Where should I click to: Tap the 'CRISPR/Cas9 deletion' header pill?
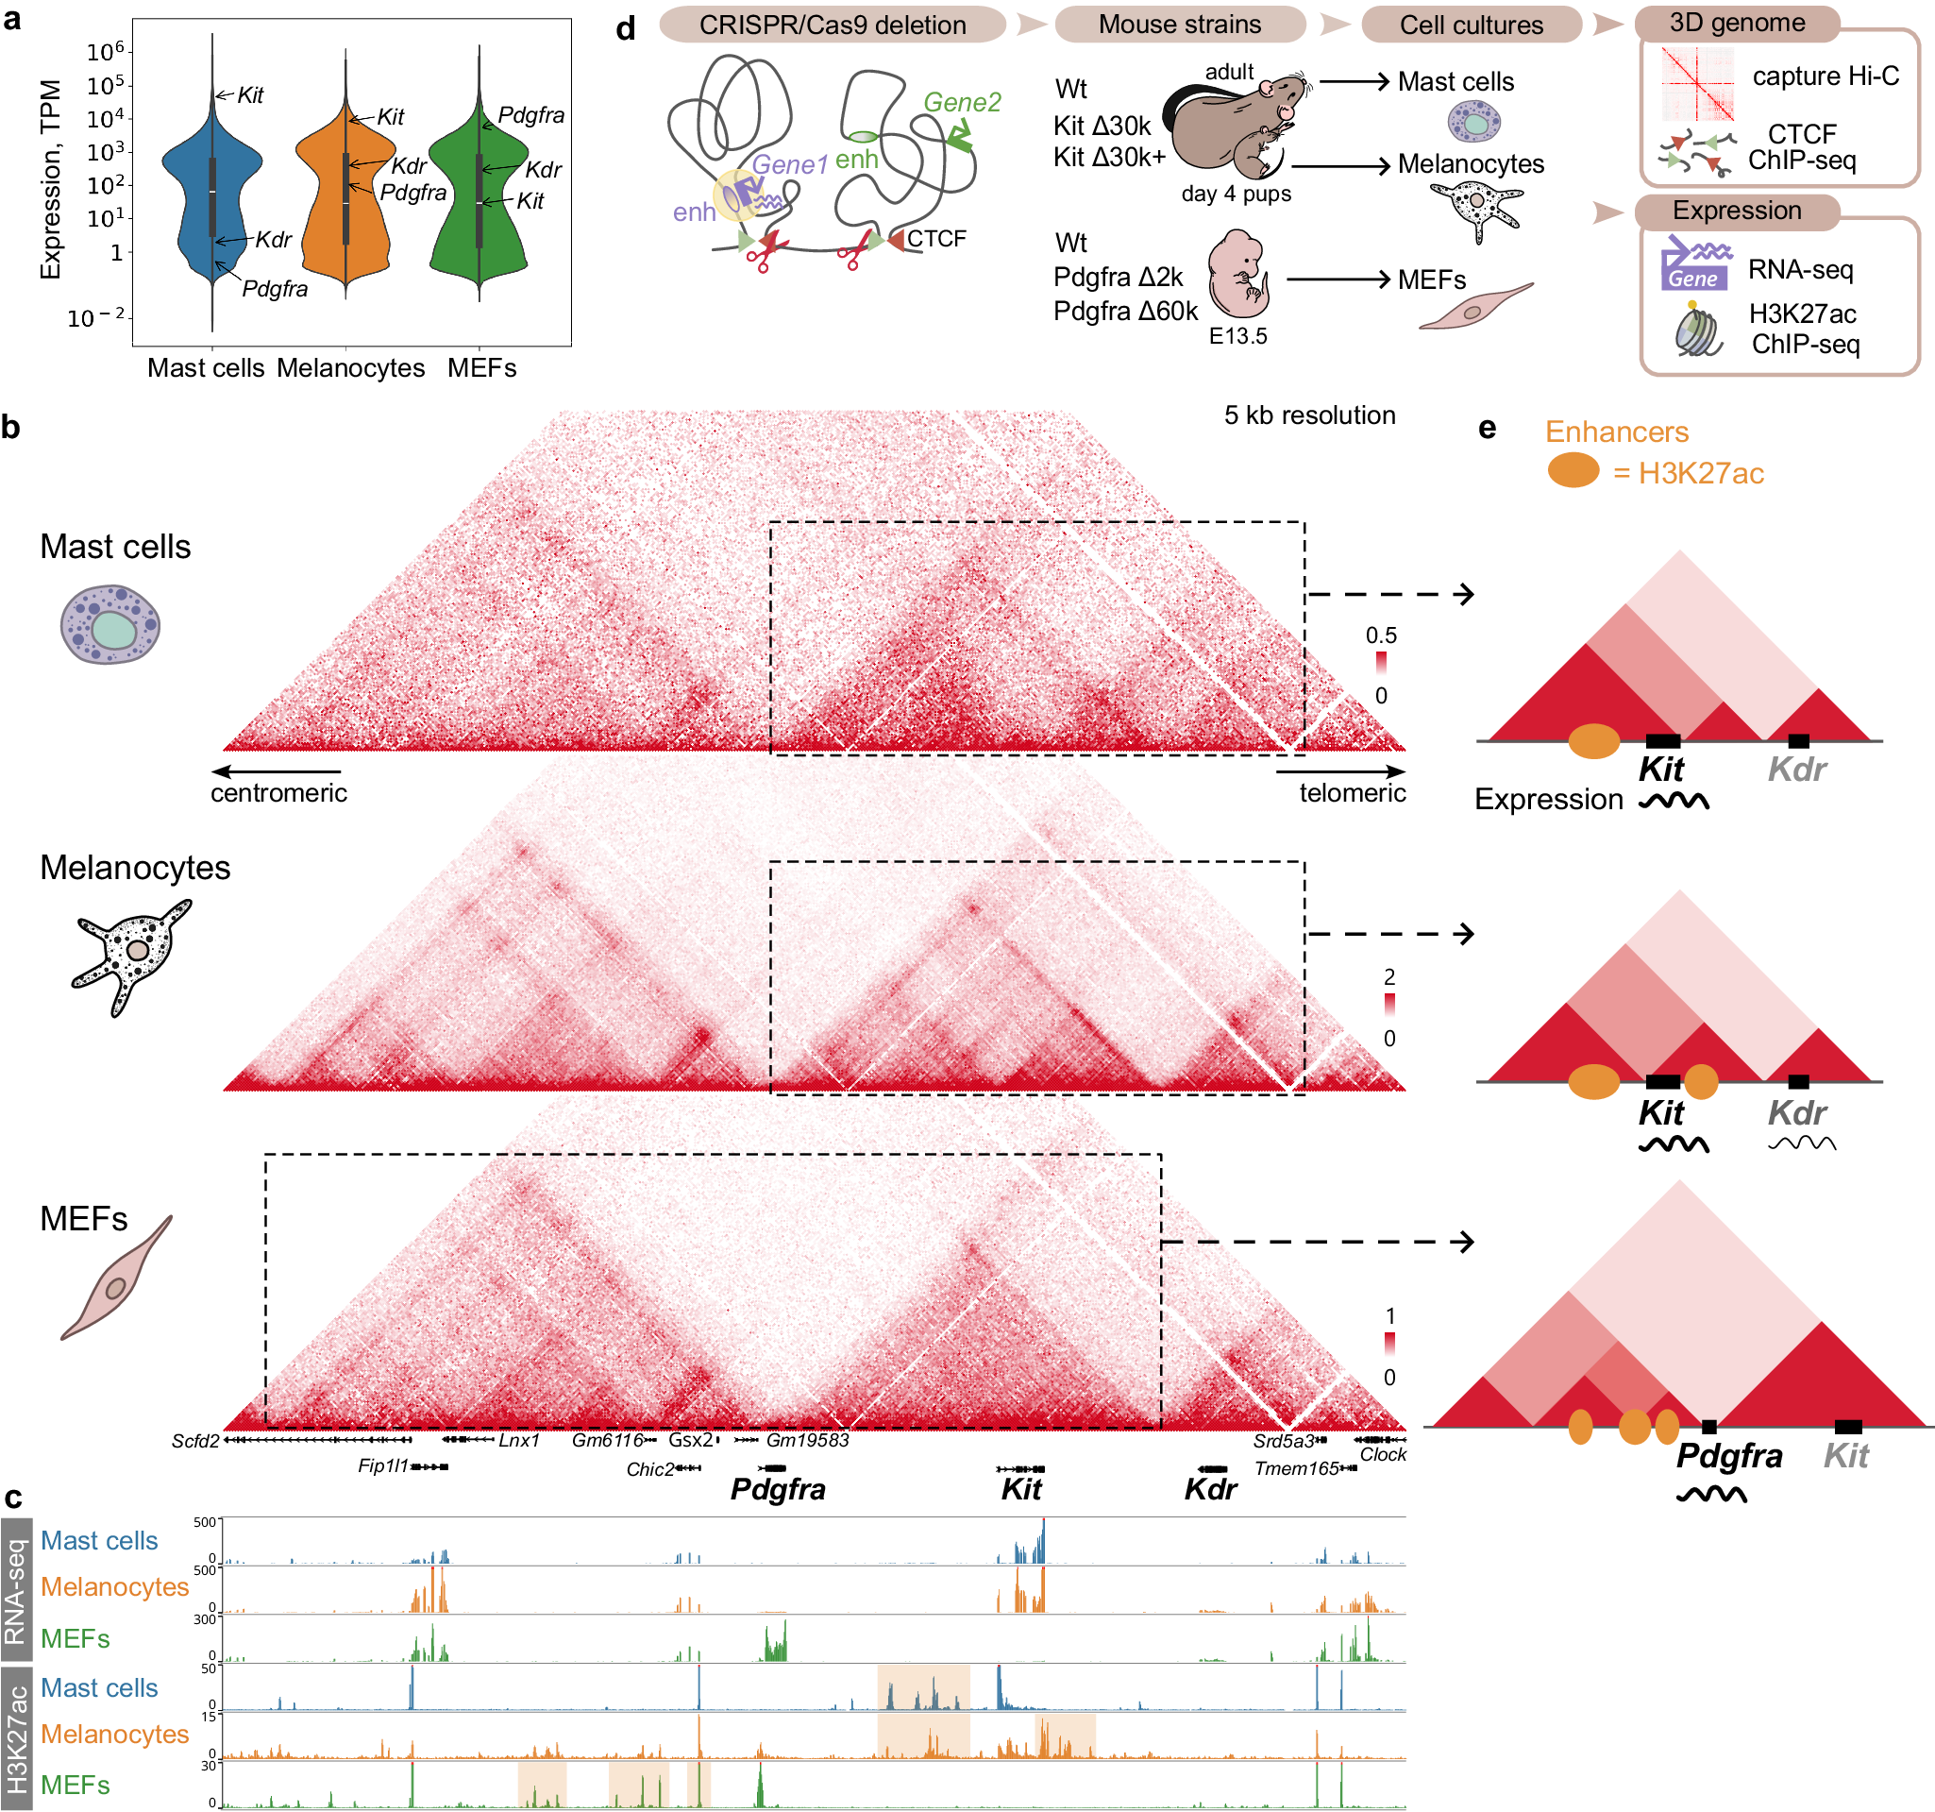(832, 25)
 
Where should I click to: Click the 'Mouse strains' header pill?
(1179, 25)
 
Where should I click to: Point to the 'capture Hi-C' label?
(1824, 76)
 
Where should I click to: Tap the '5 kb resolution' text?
(1308, 415)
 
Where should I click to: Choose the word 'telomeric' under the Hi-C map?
(1351, 792)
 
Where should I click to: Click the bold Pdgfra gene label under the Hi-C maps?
(777, 1489)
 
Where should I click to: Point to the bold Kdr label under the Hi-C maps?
(1210, 1489)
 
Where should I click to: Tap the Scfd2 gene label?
(194, 1441)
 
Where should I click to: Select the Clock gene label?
(1382, 1455)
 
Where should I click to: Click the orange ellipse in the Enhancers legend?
(1572, 470)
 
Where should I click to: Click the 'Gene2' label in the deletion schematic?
(961, 102)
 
